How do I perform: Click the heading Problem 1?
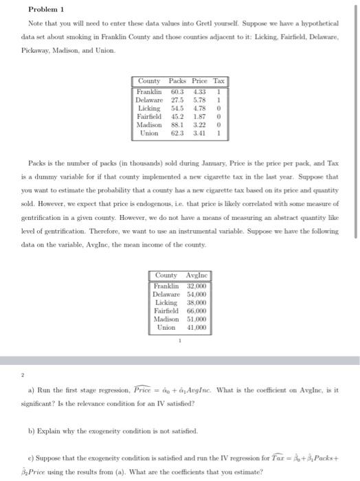(x=46, y=10)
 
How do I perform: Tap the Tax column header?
(x=219, y=81)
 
